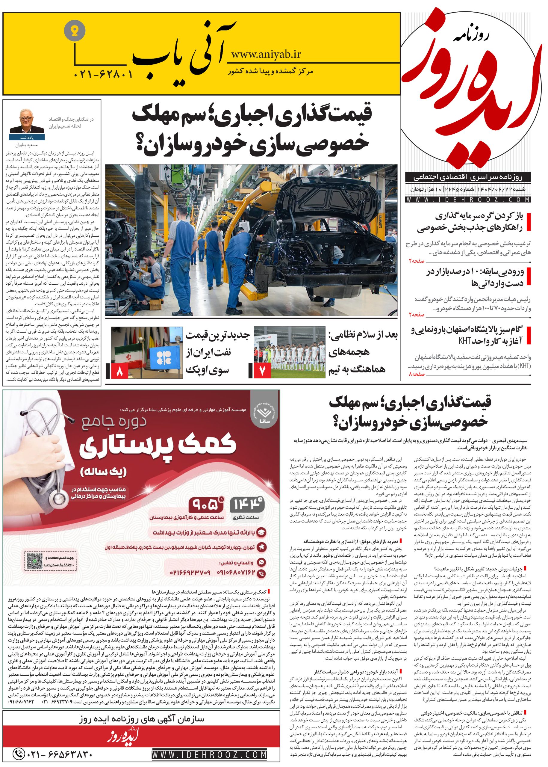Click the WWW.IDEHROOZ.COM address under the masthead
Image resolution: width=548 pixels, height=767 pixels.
469,200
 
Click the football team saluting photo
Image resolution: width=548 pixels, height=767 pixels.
289,352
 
